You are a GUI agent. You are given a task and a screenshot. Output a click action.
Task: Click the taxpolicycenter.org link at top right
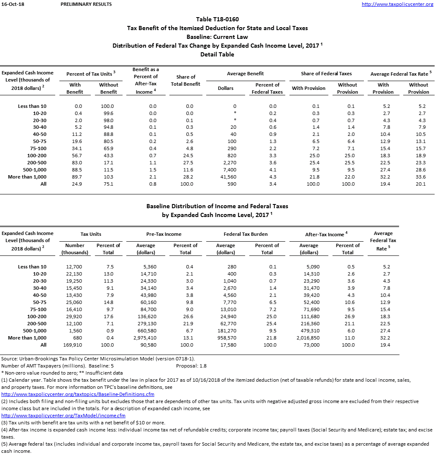coord(397,4)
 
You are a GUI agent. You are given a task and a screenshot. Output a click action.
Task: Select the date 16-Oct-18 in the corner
coord(12,4)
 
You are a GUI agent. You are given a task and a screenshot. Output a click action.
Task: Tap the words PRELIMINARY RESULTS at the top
coord(86,4)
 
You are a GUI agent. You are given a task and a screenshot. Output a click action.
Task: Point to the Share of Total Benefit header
coord(186,80)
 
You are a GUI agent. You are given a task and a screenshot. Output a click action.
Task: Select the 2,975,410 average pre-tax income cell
coord(146,338)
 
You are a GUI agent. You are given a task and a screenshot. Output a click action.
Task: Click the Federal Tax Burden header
coord(246,234)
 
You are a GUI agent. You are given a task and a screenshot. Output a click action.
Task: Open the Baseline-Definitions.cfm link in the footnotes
coord(78,394)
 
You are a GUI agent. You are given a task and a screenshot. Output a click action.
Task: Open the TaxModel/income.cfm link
coord(64,416)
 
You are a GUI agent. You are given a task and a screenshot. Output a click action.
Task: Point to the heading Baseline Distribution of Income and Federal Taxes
coord(217,206)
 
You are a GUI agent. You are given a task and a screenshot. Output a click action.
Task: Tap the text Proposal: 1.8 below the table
coord(192,366)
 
